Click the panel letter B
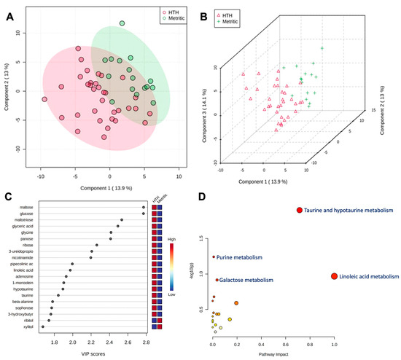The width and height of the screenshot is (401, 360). coord(206,9)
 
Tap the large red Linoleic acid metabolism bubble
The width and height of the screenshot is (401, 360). coord(334,277)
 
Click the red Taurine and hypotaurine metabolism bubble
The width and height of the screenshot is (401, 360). coord(298,211)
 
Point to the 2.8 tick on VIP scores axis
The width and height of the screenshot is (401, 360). coord(142,340)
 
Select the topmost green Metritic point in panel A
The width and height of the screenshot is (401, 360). coord(122,24)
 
